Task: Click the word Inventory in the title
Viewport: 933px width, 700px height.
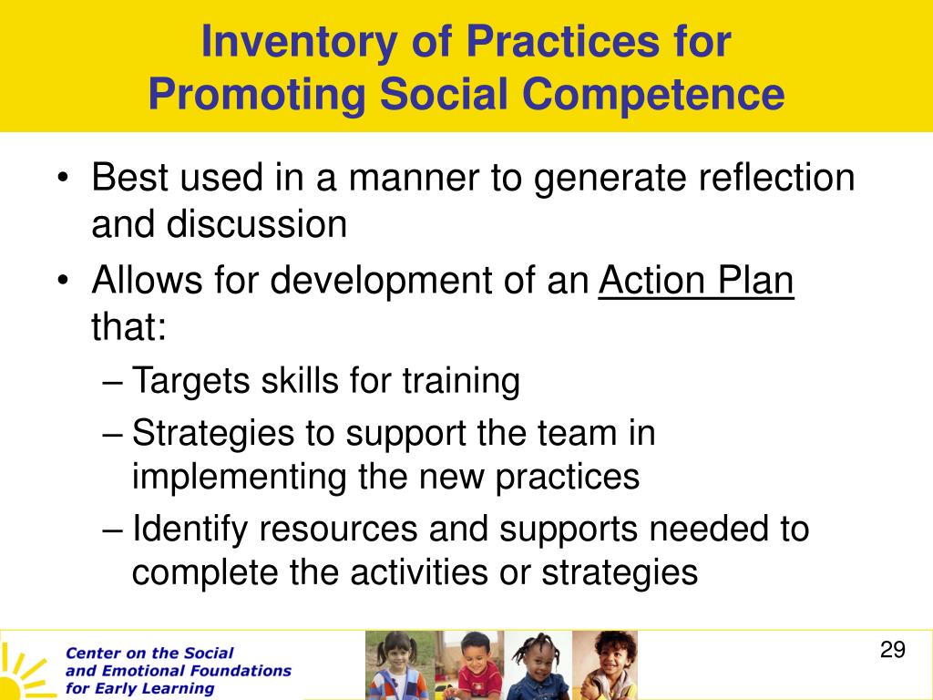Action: pos(300,43)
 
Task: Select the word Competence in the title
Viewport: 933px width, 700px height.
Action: pos(653,95)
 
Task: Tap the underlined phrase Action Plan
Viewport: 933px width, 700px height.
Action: pos(696,280)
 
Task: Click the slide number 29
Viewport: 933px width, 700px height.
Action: pos(893,649)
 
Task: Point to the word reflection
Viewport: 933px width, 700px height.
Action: pos(776,178)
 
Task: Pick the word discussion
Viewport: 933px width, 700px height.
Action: pos(256,224)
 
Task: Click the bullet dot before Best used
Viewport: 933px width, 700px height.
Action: pos(63,179)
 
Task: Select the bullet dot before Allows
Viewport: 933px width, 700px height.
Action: pos(63,281)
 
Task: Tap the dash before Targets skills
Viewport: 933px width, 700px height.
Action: pos(112,382)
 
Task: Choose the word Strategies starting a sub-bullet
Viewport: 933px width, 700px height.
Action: pos(213,433)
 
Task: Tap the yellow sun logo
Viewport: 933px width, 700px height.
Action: pos(23,674)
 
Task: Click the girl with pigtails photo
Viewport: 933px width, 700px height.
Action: pos(400,665)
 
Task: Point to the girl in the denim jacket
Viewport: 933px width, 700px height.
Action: pos(538,665)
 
